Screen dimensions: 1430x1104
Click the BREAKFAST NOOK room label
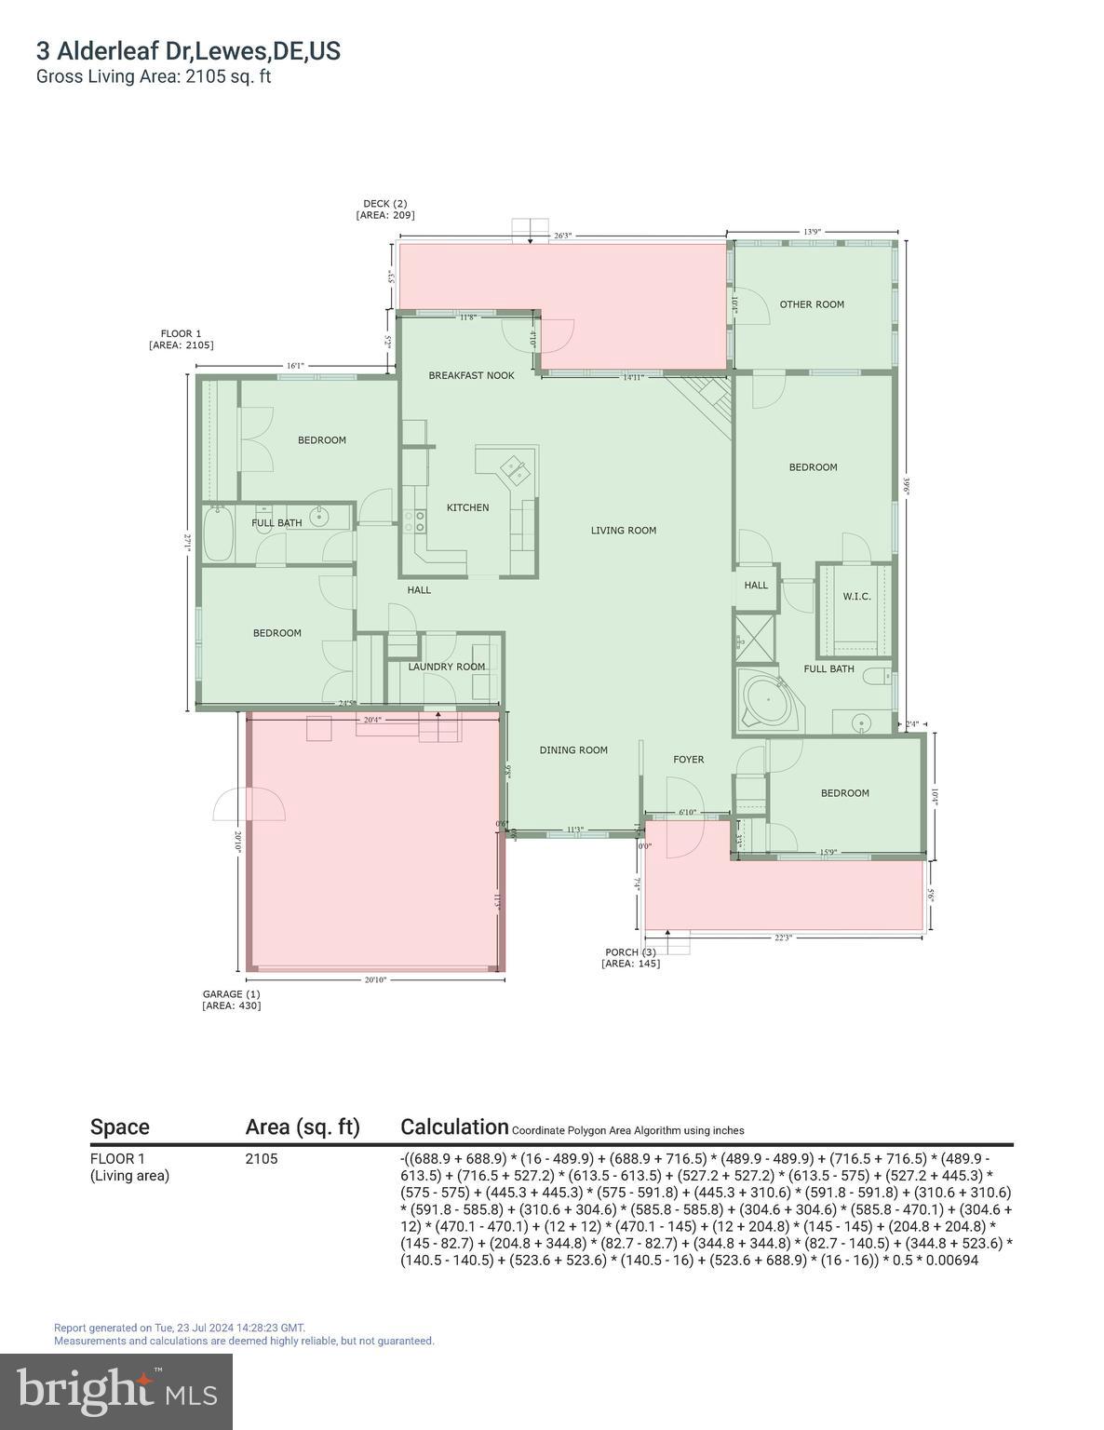tap(471, 376)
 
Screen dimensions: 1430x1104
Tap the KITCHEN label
tap(467, 508)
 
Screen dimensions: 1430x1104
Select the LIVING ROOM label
tap(624, 531)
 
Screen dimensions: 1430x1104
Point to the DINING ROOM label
tap(573, 750)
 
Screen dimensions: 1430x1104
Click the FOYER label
tap(689, 760)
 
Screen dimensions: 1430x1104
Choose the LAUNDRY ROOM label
tap(447, 667)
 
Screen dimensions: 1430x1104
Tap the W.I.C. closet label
tap(856, 597)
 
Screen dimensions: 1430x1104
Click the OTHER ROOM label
tap(812, 304)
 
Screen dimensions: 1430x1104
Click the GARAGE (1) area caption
tap(231, 1000)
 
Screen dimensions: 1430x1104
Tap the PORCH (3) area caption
tap(630, 958)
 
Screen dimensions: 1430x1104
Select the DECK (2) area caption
tap(384, 209)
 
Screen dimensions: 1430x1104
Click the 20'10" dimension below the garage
tap(375, 979)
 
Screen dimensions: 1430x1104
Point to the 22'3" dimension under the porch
tap(783, 938)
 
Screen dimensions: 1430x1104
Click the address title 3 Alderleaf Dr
tap(188, 51)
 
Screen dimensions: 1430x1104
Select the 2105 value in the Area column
tap(261, 1159)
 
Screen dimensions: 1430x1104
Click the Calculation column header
tap(454, 1126)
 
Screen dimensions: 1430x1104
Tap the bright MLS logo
tap(116, 1391)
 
